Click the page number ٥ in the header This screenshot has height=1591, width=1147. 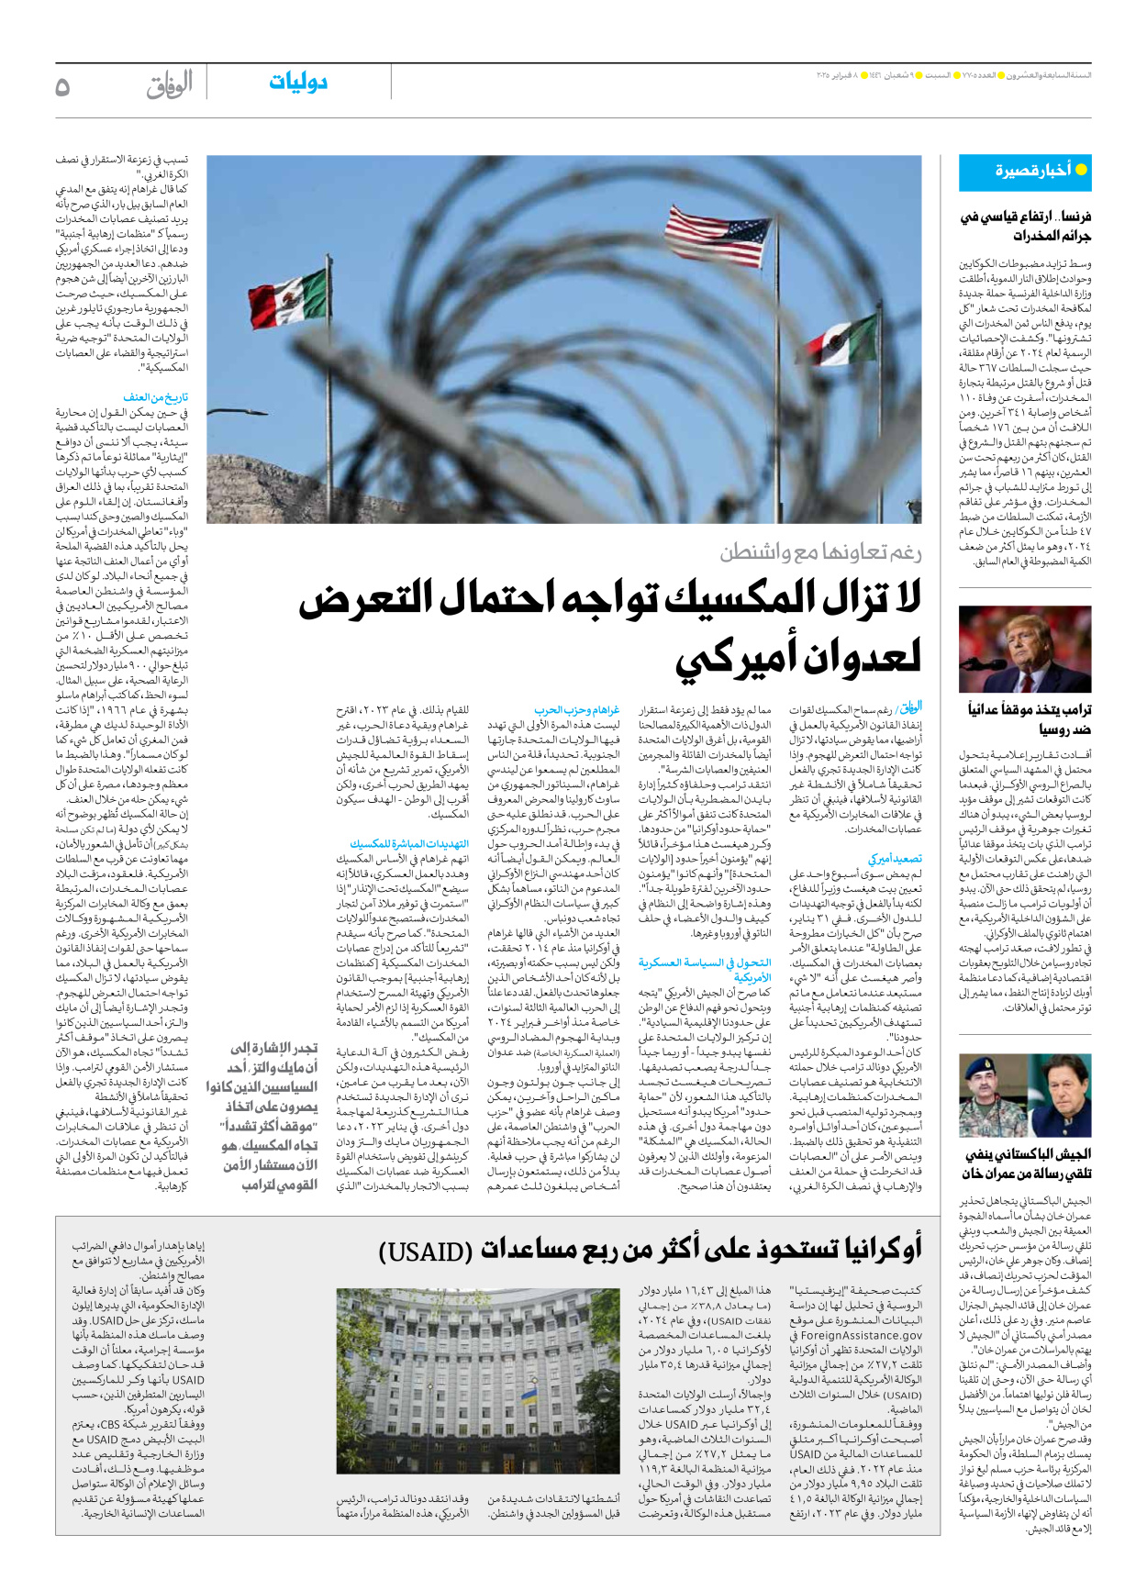point(62,87)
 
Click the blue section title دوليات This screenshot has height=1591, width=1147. point(298,83)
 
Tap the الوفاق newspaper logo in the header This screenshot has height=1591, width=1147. point(170,85)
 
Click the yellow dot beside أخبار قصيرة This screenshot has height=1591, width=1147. point(1081,170)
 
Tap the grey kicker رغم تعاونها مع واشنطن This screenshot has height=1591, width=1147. point(820,551)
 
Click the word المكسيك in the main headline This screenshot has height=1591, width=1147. point(741,600)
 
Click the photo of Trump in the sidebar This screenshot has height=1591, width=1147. point(1025,649)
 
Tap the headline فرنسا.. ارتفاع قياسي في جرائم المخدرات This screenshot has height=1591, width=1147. point(1026,226)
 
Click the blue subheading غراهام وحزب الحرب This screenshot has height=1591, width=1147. point(577,709)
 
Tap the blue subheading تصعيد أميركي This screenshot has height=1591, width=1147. point(895,859)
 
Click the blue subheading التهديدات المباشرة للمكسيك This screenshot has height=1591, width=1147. point(409,843)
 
